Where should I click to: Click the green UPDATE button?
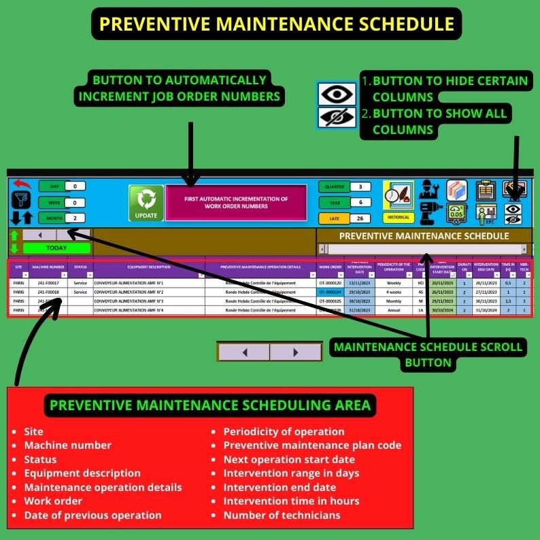(x=146, y=203)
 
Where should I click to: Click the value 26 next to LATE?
(x=360, y=218)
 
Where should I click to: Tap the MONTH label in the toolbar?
(x=53, y=218)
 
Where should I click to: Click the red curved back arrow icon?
(x=22, y=184)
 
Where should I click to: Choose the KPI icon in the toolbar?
(x=486, y=214)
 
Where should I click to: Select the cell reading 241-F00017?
(x=48, y=283)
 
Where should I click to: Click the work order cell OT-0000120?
(x=331, y=283)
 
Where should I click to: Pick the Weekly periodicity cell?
(x=394, y=283)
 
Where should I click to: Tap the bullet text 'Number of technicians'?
(x=282, y=515)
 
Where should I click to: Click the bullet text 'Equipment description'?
(x=82, y=473)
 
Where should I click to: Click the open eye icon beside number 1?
(x=337, y=94)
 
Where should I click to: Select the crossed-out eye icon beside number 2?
(x=337, y=117)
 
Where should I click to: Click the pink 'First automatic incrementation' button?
(x=236, y=203)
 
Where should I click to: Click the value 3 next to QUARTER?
(x=360, y=186)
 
